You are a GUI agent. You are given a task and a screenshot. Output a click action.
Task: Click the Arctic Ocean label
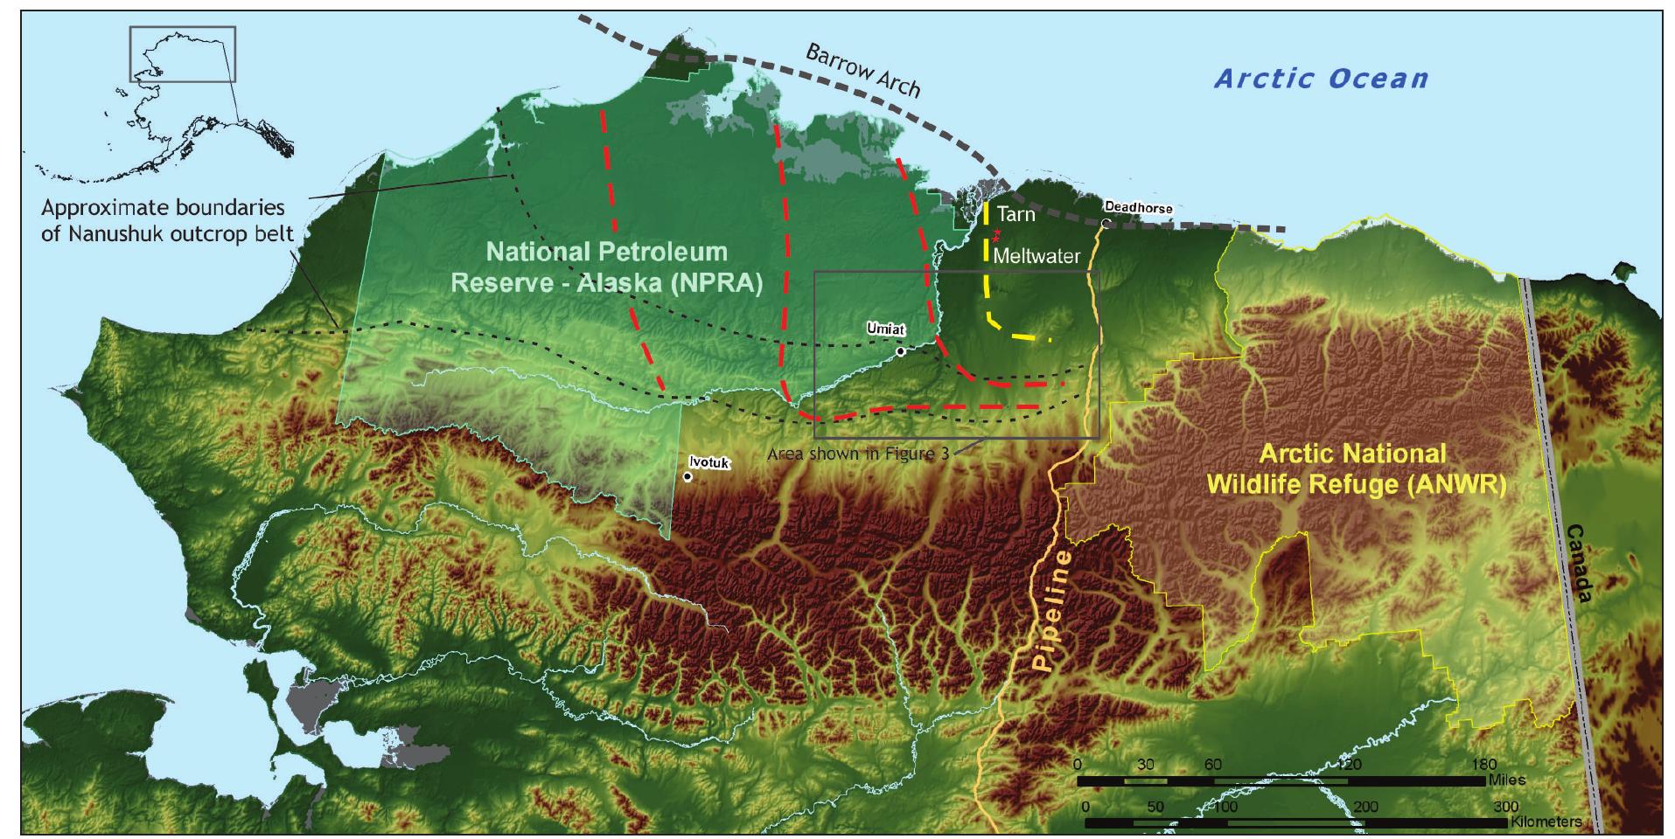pyautogui.click(x=1321, y=79)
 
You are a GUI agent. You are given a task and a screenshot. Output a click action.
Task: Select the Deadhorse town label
pyautogui.click(x=1137, y=208)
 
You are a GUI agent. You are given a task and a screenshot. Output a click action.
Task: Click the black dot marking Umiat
pyautogui.click(x=900, y=351)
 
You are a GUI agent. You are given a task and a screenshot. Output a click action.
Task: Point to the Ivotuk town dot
pyautogui.click(x=688, y=477)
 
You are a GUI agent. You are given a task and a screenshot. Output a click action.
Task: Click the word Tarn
pyautogui.click(x=1015, y=214)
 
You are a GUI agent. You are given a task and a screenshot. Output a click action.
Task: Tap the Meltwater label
pyautogui.click(x=1036, y=257)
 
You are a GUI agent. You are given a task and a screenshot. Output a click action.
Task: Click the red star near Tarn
pyautogui.click(x=996, y=234)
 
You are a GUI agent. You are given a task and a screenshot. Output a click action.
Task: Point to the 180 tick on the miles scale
pyautogui.click(x=1485, y=765)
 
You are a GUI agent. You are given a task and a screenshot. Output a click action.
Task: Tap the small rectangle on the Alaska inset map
pyautogui.click(x=182, y=54)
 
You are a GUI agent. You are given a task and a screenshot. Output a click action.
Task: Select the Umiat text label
pyautogui.click(x=884, y=329)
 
